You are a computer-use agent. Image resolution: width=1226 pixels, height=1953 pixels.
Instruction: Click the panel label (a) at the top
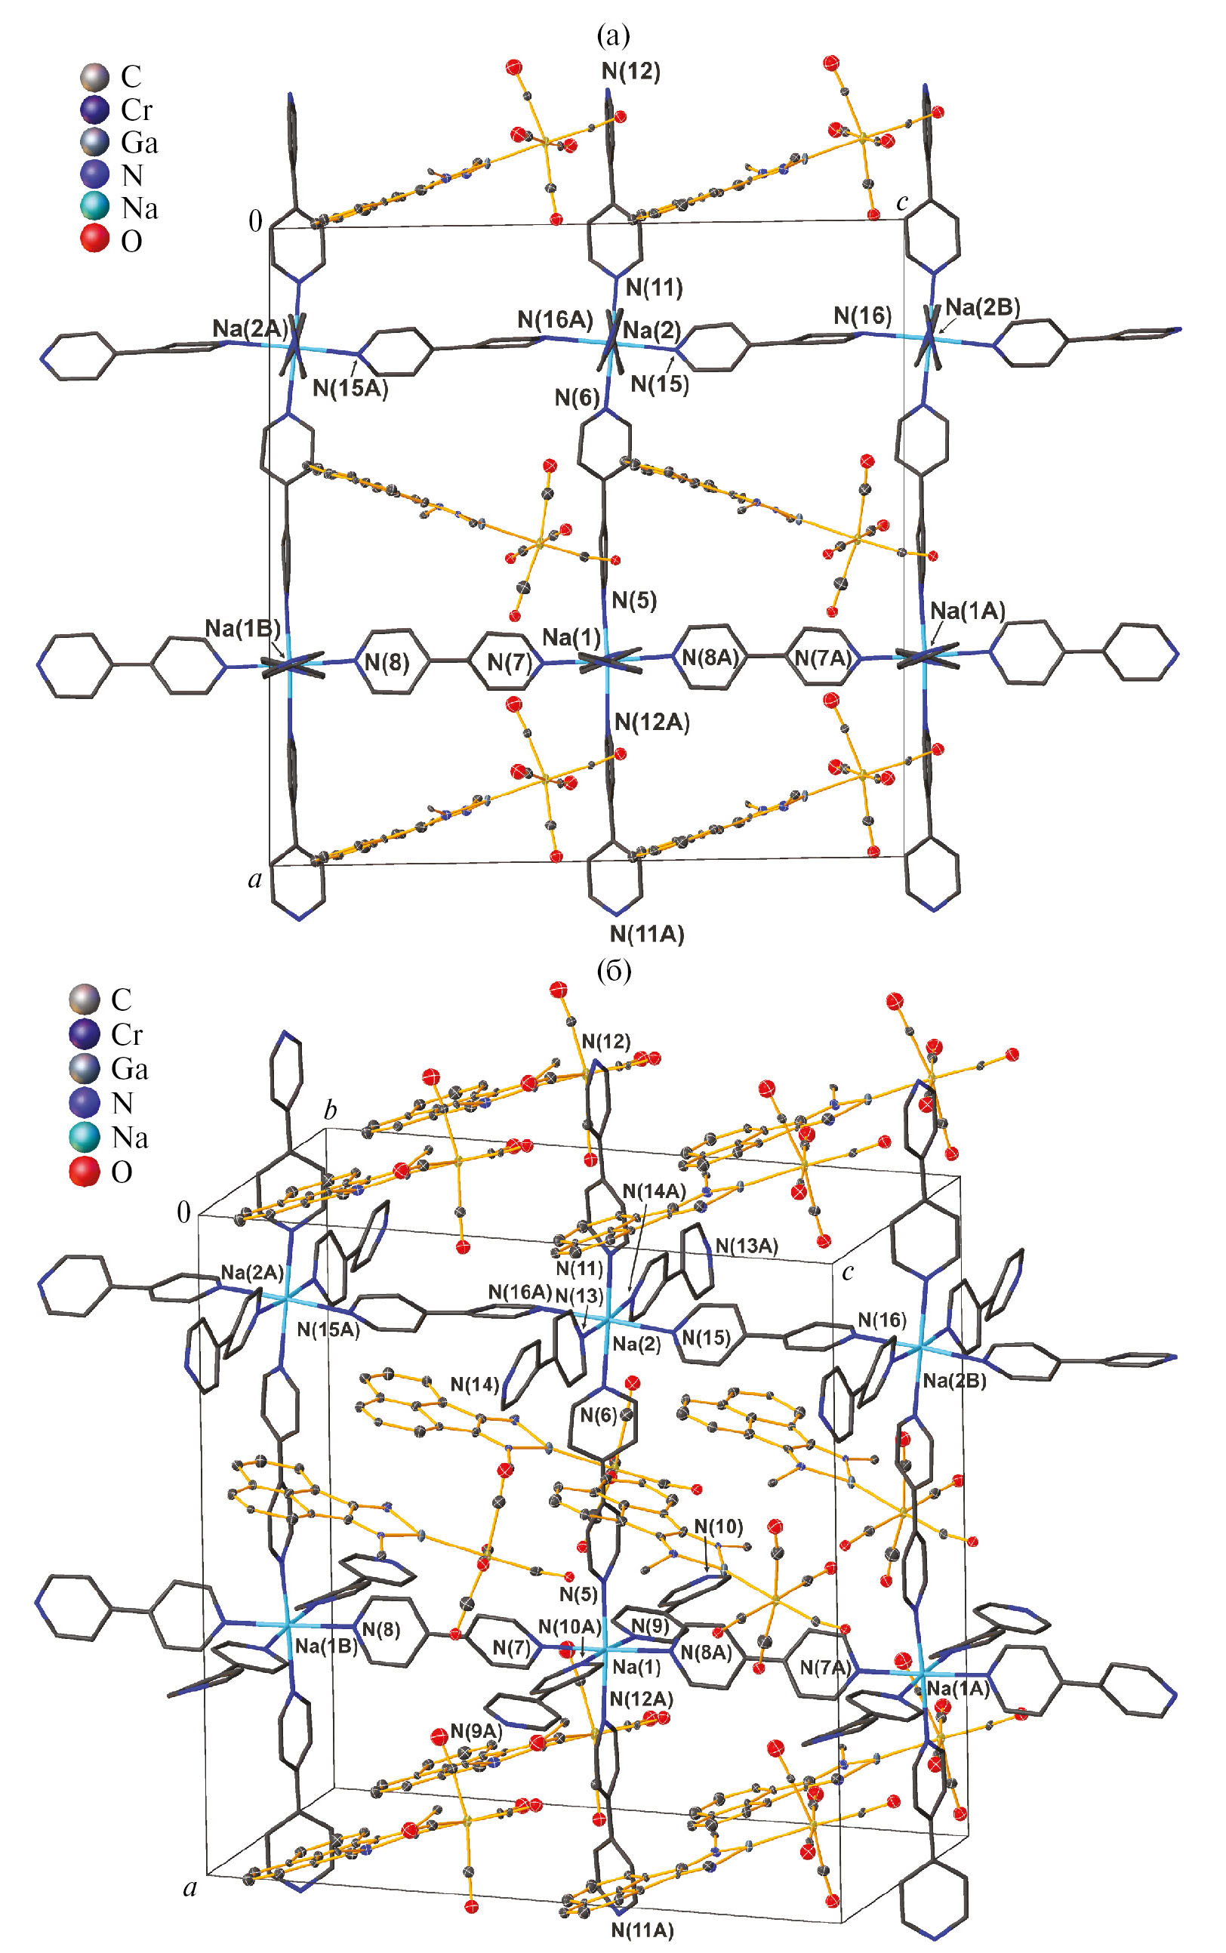point(612,35)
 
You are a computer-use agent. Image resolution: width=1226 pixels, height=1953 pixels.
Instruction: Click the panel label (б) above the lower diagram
point(613,969)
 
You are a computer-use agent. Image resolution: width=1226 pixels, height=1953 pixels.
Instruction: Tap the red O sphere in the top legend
point(94,240)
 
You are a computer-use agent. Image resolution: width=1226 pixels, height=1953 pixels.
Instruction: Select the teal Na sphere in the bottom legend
point(85,1137)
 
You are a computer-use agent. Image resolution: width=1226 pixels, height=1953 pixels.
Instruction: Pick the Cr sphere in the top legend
point(94,109)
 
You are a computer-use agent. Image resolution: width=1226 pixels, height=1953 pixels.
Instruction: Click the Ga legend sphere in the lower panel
point(85,1068)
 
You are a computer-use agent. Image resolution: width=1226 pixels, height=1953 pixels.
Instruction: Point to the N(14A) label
point(654,1191)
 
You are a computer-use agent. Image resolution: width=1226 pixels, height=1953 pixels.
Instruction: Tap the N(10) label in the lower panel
point(719,1527)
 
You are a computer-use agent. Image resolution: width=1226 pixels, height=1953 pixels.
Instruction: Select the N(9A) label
point(476,1731)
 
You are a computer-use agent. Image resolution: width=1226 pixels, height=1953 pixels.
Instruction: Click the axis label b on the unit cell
point(330,1110)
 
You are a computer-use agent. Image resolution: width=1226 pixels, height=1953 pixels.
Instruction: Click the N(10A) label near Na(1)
point(570,1626)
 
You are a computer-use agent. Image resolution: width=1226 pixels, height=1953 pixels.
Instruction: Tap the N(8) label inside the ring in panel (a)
point(387,662)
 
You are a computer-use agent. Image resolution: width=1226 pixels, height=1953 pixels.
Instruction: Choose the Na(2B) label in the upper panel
point(983,307)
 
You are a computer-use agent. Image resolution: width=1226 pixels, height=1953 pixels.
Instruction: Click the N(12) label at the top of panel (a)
point(631,72)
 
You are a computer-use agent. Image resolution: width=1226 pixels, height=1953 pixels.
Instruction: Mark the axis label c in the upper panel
point(902,202)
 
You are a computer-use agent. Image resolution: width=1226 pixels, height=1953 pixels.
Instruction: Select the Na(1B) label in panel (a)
point(242,628)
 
